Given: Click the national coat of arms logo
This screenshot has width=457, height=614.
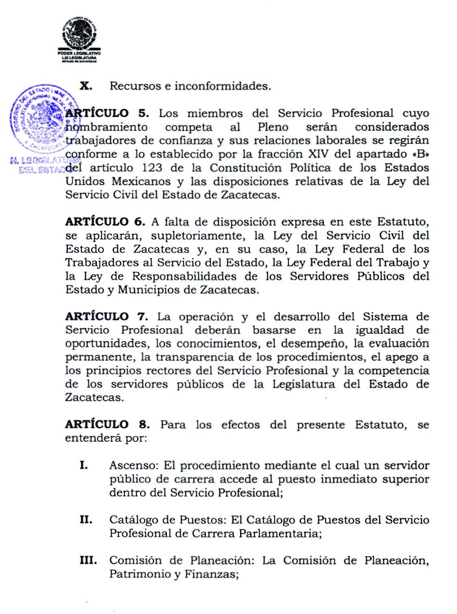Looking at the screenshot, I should (80, 34).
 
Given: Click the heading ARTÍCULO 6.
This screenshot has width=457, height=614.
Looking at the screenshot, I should (105, 222).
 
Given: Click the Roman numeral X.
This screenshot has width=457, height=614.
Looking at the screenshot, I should (86, 86).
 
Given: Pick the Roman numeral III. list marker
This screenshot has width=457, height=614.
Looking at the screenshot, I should (88, 560).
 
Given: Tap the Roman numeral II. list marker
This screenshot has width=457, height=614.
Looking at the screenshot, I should (86, 520).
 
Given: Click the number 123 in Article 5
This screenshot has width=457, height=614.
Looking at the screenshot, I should (152, 168).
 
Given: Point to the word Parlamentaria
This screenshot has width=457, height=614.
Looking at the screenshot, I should (280, 533).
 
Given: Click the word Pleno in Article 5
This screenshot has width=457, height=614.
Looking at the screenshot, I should (273, 127).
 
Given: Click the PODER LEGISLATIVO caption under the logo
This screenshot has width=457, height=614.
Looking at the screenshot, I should (79, 53).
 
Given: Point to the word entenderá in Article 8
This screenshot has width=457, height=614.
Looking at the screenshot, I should (93, 438).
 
